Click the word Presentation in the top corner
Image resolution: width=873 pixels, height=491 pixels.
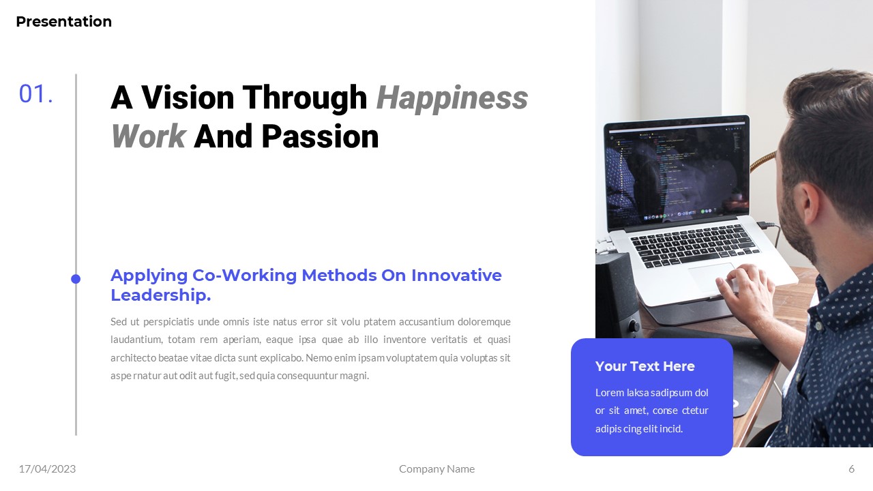[x=63, y=22]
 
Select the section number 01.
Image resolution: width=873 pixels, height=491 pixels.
[x=35, y=95]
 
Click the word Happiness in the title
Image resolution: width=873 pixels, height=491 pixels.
[x=452, y=98]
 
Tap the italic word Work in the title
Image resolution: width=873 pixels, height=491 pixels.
[x=148, y=136]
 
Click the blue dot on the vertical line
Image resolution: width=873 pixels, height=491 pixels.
[x=76, y=279]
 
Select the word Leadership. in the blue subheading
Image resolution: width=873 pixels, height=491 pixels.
[x=160, y=295]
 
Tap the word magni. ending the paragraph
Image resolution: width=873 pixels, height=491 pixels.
[x=353, y=376]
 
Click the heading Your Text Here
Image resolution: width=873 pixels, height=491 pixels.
[x=645, y=366]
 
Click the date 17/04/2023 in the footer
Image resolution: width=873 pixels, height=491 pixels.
[x=47, y=468]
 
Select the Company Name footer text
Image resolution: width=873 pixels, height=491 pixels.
[x=436, y=468]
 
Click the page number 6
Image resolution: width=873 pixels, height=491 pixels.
[x=851, y=468]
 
